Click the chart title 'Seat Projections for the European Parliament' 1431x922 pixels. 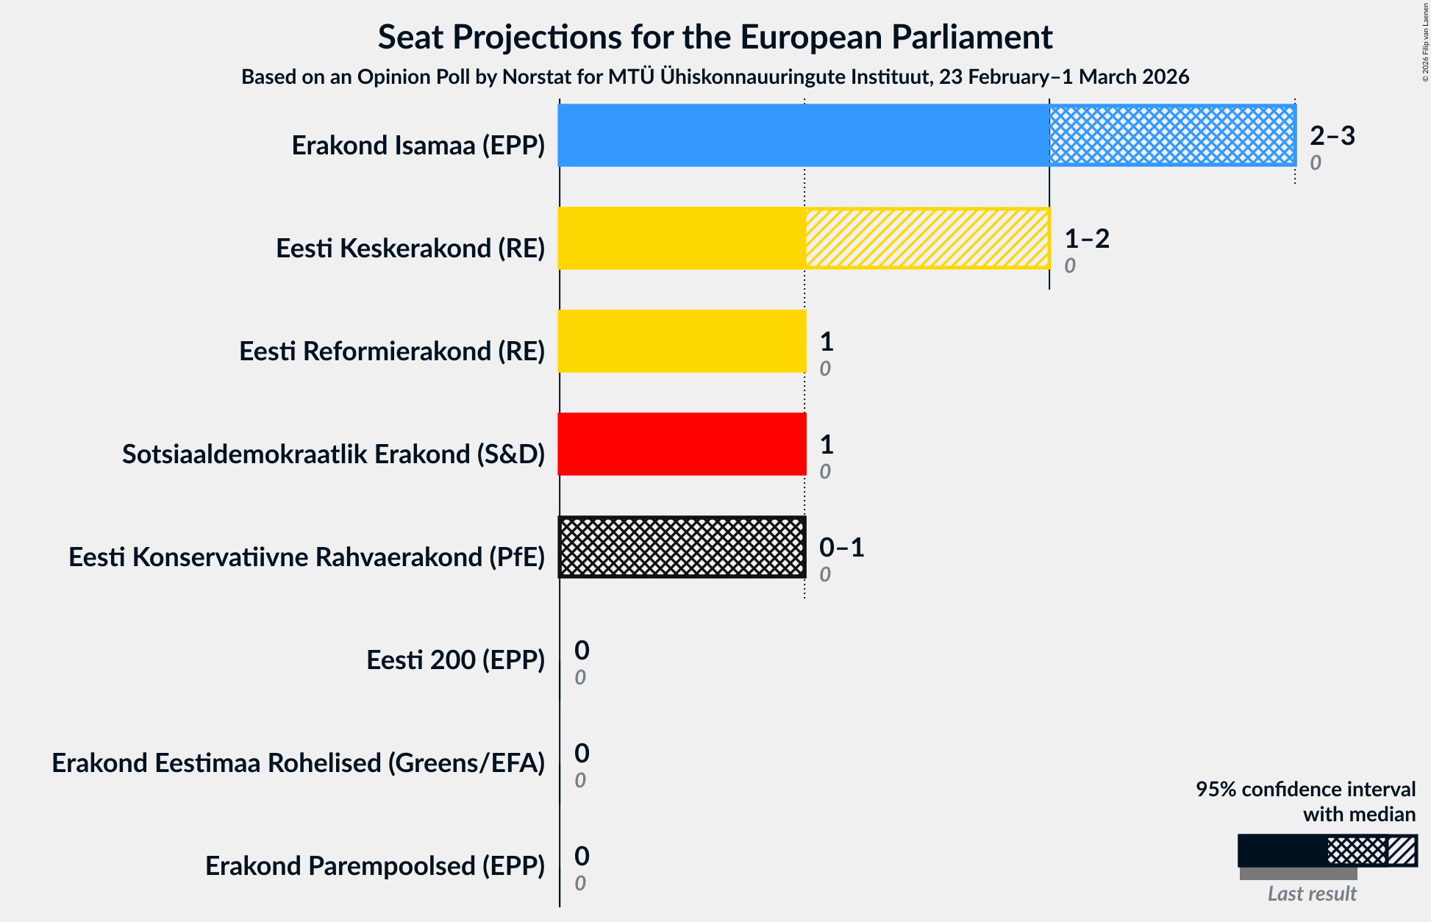(715, 37)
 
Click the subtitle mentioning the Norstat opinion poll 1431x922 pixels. (715, 76)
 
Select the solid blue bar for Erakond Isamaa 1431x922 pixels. (803, 135)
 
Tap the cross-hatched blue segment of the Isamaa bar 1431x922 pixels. (1171, 135)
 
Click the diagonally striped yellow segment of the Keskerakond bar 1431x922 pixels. (927, 238)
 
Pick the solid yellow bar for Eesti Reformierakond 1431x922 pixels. (682, 341)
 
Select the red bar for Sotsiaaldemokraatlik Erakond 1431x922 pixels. (682, 444)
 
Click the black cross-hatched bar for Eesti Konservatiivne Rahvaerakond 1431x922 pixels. (682, 547)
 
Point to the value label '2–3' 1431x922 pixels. (1332, 135)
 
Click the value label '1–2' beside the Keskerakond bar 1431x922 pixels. (1086, 238)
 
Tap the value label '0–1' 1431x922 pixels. (841, 547)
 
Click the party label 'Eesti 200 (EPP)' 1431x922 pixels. (455, 660)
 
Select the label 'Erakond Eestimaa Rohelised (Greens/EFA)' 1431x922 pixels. (298, 762)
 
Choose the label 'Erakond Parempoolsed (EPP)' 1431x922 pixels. (375, 865)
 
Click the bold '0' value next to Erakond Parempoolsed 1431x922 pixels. (582, 856)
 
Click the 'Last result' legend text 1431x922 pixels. (1312, 893)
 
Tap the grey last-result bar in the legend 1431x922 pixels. (1298, 873)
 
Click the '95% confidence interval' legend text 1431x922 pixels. (1305, 789)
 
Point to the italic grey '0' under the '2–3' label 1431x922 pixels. (1316, 162)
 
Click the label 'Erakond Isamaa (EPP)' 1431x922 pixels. (418, 145)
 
